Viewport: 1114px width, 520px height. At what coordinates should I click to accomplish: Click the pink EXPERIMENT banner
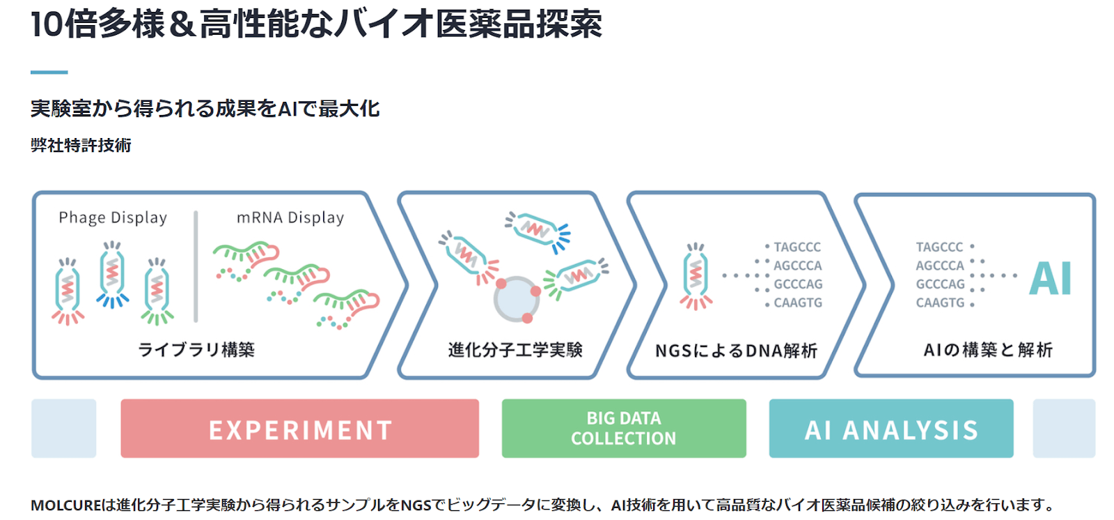coord(299,429)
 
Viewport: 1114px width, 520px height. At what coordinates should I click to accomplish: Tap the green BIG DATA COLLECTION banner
coord(623,429)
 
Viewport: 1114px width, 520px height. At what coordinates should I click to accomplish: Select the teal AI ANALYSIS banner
coord(891,429)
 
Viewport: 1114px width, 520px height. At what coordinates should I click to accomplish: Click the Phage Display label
coord(113,217)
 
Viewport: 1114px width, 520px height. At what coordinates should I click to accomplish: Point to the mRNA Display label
coord(290,217)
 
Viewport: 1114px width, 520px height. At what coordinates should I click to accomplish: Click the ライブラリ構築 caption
coord(196,349)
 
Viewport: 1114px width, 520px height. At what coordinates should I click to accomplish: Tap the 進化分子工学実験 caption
coord(515,349)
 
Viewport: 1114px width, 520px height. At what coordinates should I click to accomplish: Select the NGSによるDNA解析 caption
coord(736,350)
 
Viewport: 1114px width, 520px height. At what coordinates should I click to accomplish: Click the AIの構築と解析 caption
coord(988,349)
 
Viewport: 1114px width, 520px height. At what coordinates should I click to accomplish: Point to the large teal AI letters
coord(1051,279)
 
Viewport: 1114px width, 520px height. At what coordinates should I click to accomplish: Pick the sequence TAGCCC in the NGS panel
coord(797,247)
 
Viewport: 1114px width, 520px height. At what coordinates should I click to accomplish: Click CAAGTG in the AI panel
coord(940,303)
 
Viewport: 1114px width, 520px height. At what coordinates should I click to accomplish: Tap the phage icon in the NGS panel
coord(696,277)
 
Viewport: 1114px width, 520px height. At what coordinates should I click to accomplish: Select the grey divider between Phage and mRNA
coord(196,267)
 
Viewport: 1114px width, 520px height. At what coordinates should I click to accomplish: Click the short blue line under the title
coord(49,72)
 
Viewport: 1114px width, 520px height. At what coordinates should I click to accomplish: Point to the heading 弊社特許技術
coord(81,145)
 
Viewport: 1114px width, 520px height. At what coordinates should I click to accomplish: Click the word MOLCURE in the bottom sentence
coord(65,505)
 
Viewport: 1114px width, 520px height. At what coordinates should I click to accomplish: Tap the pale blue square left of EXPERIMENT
coord(63,429)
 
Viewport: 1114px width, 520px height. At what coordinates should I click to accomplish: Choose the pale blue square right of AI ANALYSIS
coord(1064,429)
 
